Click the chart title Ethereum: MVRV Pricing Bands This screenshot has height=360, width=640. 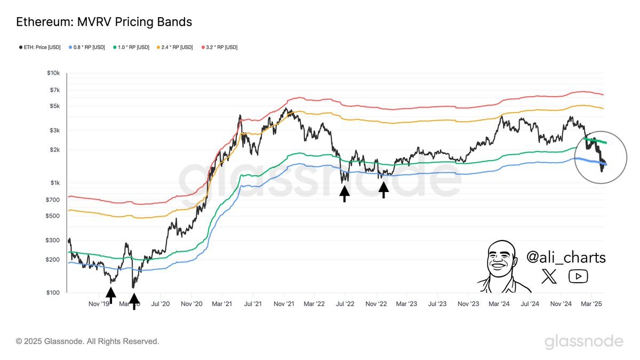click(104, 22)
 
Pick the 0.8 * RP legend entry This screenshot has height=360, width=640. click(88, 47)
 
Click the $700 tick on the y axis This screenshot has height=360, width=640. click(54, 199)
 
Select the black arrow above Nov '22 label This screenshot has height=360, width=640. click(383, 189)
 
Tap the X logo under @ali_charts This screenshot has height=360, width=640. click(549, 276)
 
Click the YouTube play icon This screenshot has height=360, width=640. click(578, 276)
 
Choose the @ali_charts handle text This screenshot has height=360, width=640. click(566, 258)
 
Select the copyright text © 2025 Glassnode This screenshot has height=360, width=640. click(87, 341)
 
